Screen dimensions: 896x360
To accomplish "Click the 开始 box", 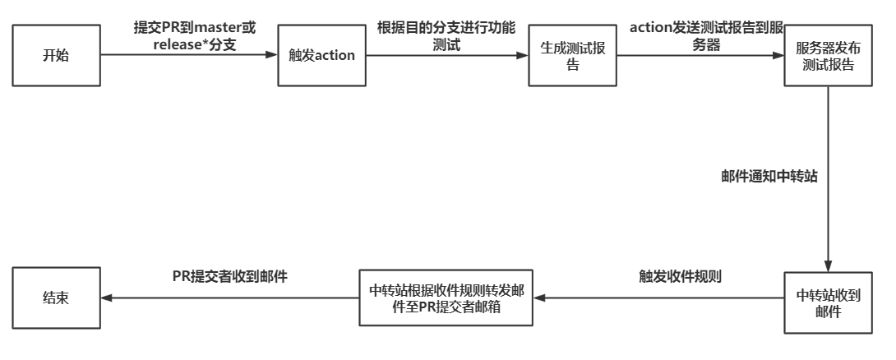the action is (56, 55).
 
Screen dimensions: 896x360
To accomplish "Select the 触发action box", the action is (321, 55).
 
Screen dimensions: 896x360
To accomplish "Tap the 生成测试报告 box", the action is (573, 55).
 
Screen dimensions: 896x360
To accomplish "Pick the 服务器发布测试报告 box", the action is (828, 55).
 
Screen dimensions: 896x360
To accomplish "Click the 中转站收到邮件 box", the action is (828, 302).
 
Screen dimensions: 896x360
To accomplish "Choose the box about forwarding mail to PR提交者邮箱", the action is (446, 298).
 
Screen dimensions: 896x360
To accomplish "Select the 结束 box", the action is (56, 298).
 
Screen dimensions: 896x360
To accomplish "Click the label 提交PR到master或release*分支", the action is (195, 36).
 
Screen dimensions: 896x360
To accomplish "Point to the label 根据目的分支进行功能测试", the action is (446, 36).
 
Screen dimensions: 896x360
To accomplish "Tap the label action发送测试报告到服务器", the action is (706, 36).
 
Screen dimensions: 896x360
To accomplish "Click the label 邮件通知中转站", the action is (769, 176).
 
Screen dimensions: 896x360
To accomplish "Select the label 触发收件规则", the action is (680, 276).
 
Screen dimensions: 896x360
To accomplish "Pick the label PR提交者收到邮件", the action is (229, 276).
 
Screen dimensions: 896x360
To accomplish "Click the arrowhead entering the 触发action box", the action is (272, 55).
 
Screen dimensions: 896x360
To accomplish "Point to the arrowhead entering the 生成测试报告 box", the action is (522, 55).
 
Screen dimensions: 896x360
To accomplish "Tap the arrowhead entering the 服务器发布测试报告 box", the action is (778, 55).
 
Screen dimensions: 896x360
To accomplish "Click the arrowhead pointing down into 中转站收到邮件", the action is (828, 266).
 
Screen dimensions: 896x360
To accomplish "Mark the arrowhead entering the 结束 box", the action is (107, 298).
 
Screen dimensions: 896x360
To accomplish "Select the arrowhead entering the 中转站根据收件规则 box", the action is (539, 298).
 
